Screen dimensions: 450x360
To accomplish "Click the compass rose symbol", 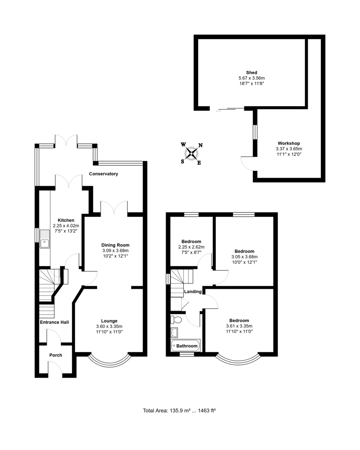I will [x=192, y=153].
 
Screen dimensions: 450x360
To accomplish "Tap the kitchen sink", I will [x=44, y=238].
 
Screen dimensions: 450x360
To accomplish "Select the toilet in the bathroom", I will [x=176, y=319].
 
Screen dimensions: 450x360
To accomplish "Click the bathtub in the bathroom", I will [x=185, y=345].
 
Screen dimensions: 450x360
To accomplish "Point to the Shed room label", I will [x=252, y=72].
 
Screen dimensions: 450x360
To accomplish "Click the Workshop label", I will [x=289, y=143].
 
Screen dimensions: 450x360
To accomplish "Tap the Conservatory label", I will [x=104, y=174].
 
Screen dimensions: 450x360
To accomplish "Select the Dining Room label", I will [x=115, y=245].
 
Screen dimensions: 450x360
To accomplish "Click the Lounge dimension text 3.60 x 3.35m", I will [x=109, y=326].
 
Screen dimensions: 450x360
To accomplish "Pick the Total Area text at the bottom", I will [x=179, y=410].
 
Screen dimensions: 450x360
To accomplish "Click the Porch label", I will [x=56, y=355].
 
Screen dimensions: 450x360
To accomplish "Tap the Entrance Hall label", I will [x=54, y=322].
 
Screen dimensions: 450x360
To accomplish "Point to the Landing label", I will [x=193, y=291].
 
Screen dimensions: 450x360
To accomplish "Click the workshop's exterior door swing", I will [x=247, y=163].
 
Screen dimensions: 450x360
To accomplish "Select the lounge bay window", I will [x=110, y=360].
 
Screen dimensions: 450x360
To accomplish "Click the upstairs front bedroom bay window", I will [x=238, y=360].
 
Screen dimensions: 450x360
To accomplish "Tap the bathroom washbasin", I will [x=174, y=332].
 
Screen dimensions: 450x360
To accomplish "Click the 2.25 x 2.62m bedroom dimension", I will [x=191, y=247].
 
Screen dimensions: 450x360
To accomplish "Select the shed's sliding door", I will [x=230, y=109].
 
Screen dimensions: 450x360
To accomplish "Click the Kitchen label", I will [x=66, y=220].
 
